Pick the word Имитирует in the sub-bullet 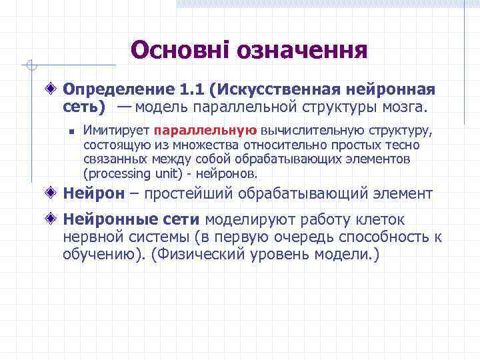(115, 130)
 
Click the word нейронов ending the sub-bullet (231, 173)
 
